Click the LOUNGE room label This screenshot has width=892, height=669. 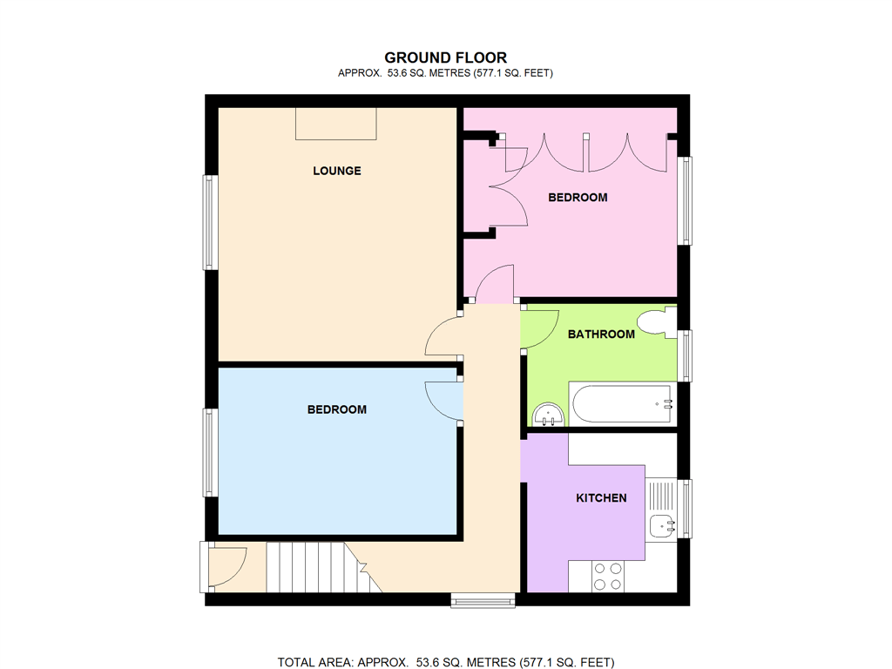point(337,171)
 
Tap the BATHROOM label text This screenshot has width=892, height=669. point(601,334)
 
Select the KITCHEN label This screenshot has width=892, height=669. point(601,498)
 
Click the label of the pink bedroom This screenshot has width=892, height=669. point(578,198)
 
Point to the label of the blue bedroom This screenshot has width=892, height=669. point(337,409)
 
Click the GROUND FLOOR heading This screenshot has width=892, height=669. point(445,58)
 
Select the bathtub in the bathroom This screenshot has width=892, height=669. point(621,404)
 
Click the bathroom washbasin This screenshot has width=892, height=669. point(548,415)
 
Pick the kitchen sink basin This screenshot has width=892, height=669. point(661,525)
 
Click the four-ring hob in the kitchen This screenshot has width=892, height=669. point(608,576)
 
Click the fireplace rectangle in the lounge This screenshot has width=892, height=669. point(336,124)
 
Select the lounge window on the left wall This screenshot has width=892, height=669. point(210,222)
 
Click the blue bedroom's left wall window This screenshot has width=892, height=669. point(210,452)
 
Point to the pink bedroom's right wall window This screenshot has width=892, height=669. point(686,200)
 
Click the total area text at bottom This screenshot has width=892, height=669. point(445,663)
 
